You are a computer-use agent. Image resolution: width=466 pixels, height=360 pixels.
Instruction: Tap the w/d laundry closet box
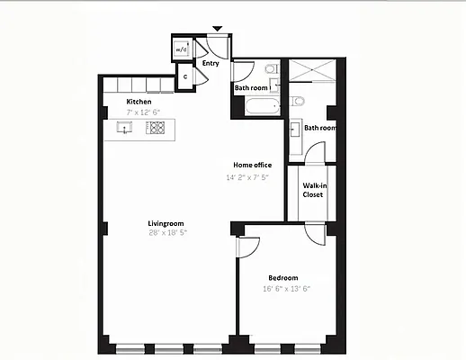(181, 49)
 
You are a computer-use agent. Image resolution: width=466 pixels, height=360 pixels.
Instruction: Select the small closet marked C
(184, 77)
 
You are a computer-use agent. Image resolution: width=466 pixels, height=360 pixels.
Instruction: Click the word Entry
(211, 64)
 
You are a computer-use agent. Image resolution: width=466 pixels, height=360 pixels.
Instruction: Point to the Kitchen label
(139, 102)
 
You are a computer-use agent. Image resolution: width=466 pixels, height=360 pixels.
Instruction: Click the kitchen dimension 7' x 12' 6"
(144, 112)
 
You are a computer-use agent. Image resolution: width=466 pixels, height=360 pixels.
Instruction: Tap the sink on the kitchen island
(125, 129)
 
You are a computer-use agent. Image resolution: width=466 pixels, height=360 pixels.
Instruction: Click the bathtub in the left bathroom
(253, 109)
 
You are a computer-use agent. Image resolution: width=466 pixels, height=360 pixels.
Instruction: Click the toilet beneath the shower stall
(299, 99)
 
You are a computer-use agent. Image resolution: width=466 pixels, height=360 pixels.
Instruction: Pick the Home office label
(253, 166)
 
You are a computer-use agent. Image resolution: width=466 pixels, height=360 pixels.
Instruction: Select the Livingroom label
(166, 222)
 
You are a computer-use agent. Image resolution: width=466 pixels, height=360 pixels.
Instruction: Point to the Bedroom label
(282, 278)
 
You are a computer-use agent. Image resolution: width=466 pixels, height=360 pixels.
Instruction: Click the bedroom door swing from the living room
(248, 246)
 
